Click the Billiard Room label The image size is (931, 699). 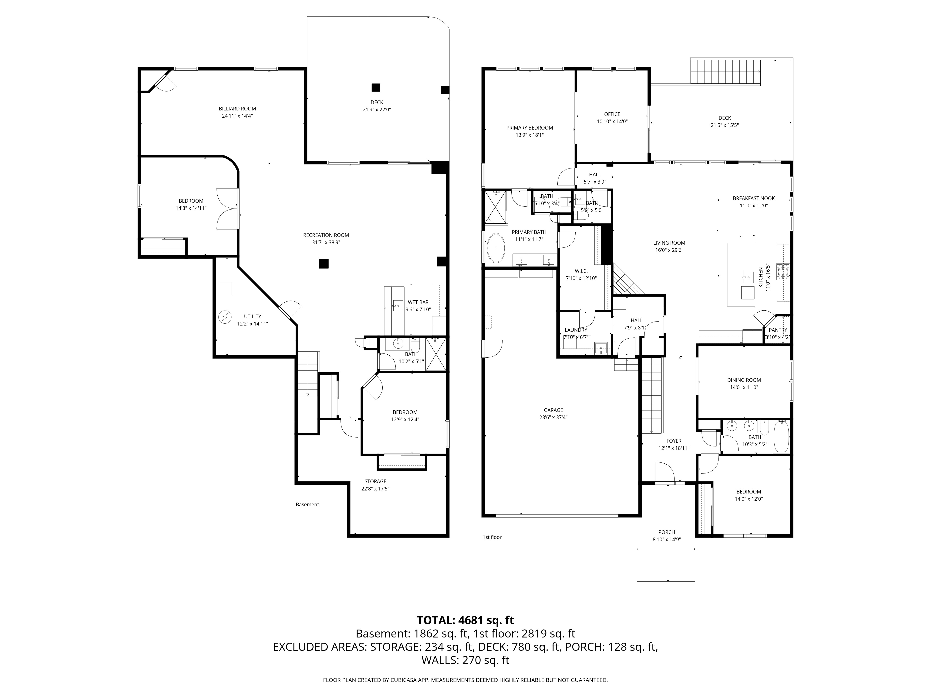pyautogui.click(x=237, y=109)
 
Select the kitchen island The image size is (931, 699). pyautogui.click(x=741, y=275)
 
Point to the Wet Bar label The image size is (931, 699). pyautogui.click(x=418, y=302)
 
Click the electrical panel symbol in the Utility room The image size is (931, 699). pyautogui.click(x=225, y=317)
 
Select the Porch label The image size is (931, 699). pyautogui.click(x=667, y=532)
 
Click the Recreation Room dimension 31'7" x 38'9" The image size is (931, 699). pyautogui.click(x=326, y=243)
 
